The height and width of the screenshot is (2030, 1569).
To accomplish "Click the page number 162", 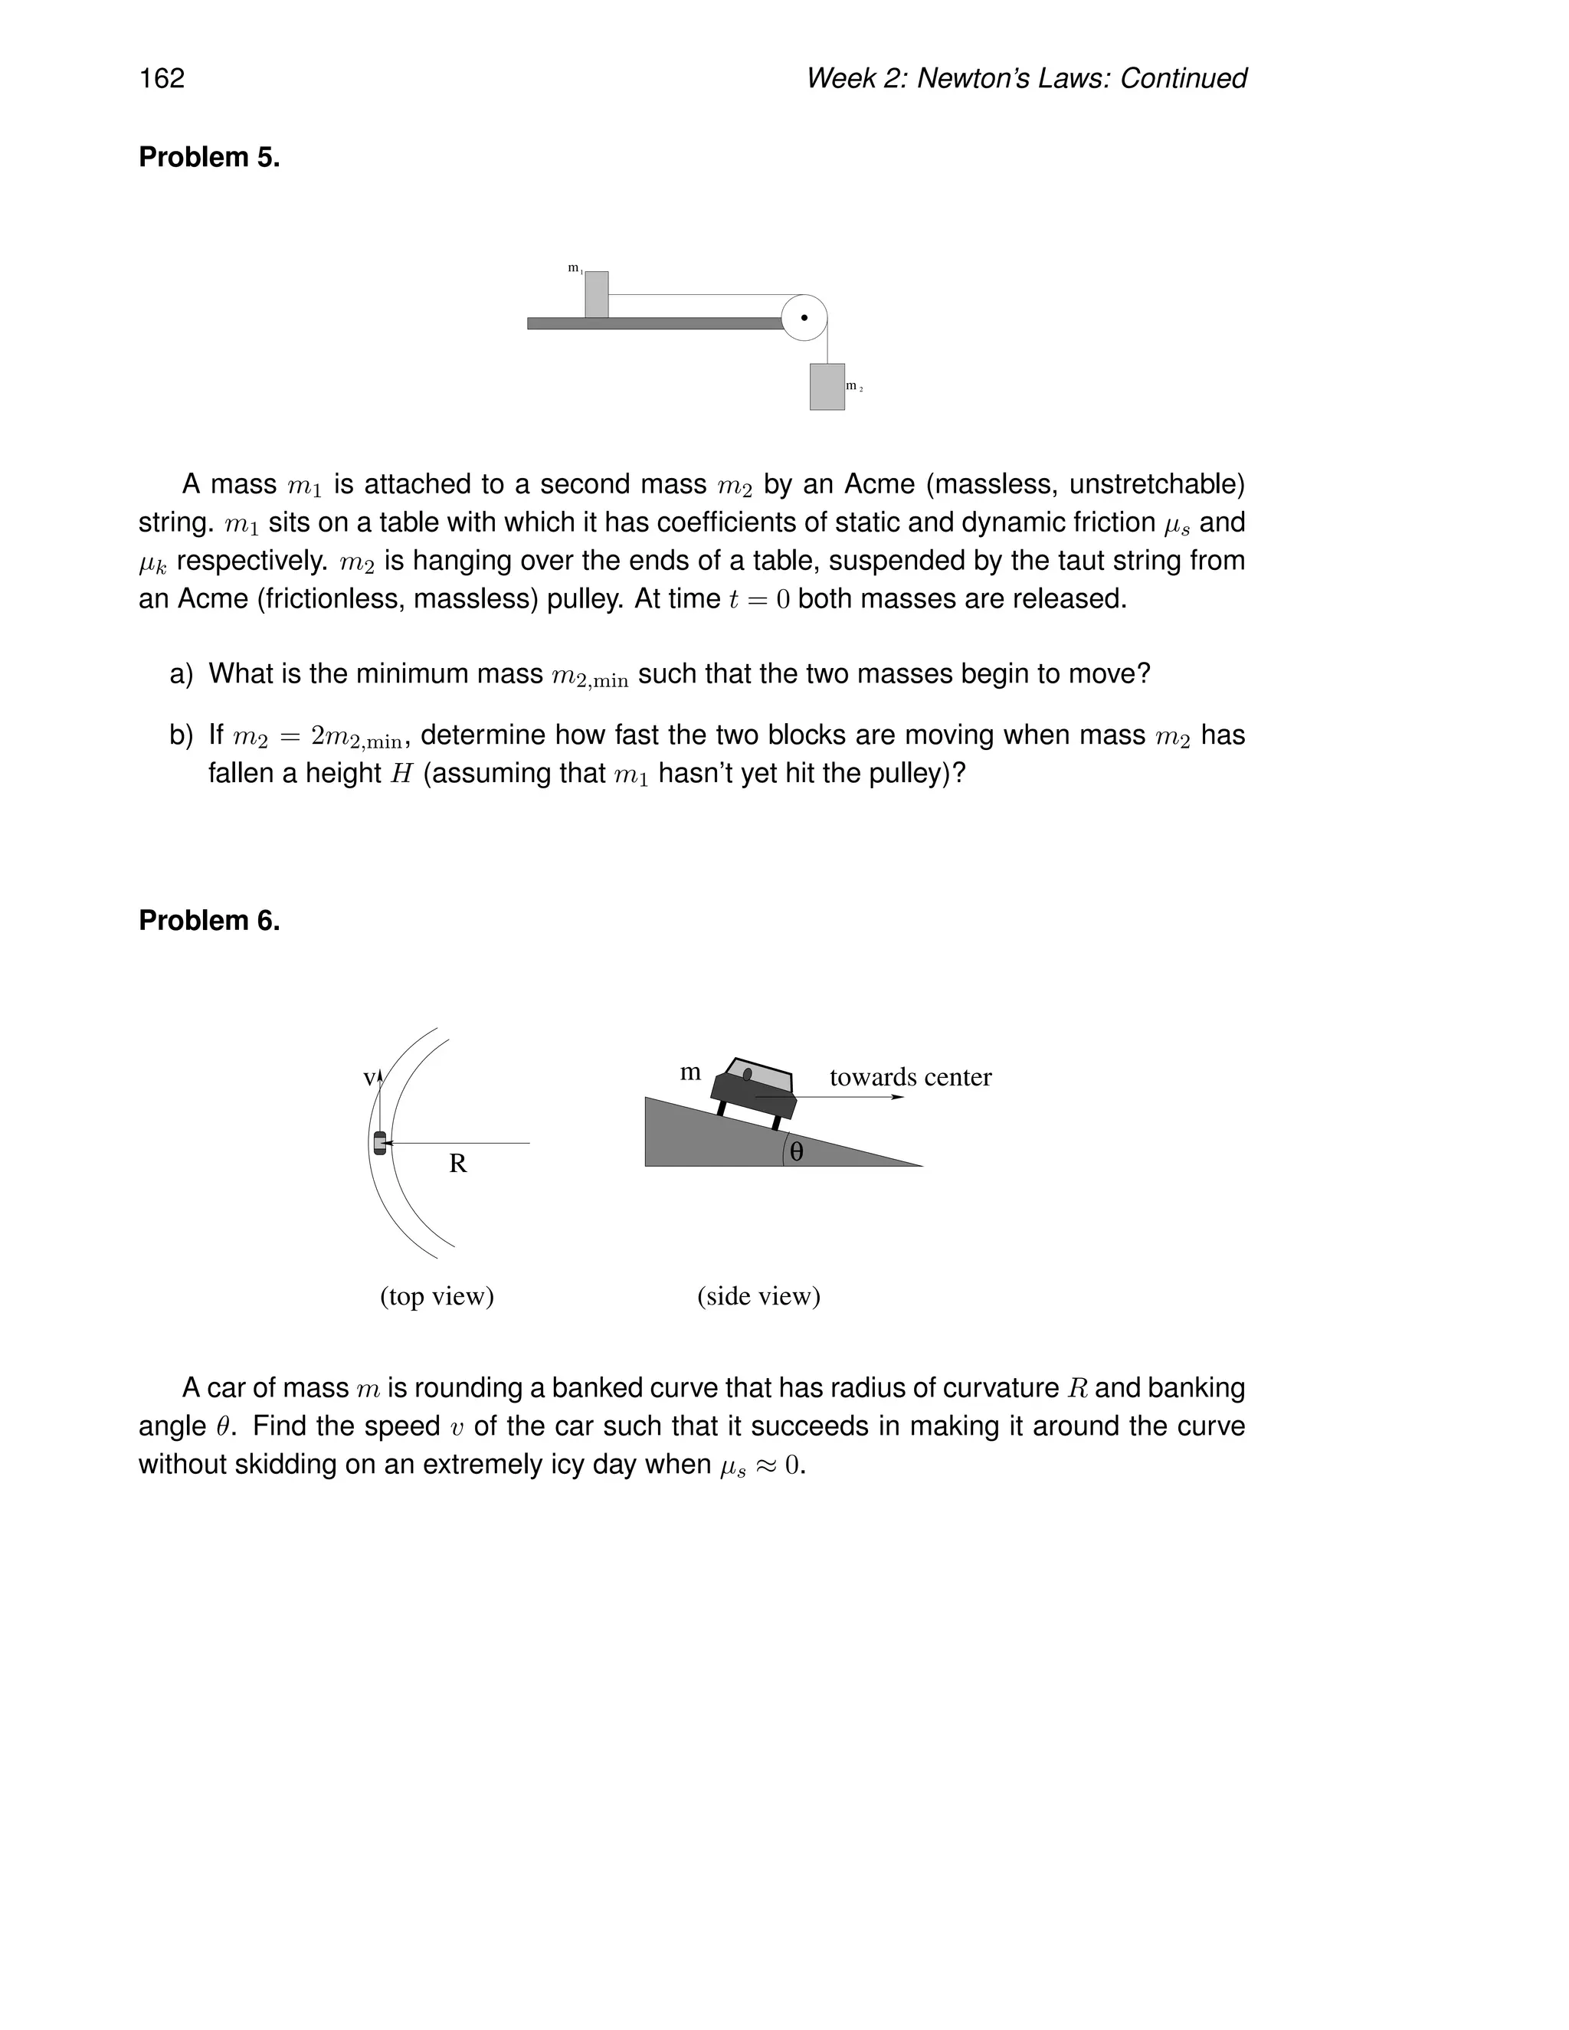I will coord(162,78).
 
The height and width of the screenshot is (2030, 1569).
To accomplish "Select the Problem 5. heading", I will coord(209,158).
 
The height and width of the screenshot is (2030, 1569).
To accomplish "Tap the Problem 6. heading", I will coord(209,920).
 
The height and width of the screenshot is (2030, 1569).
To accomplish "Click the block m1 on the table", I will coord(597,295).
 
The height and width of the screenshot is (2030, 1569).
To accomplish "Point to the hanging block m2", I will coord(827,387).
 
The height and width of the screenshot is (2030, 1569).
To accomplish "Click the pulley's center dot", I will coord(804,318).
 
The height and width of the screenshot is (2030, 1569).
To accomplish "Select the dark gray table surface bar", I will coord(654,323).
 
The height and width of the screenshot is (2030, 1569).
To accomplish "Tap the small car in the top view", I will coord(379,1143).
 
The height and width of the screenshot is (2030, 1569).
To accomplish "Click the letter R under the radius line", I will coord(457,1164).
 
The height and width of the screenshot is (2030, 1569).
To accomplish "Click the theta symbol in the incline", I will coord(797,1153).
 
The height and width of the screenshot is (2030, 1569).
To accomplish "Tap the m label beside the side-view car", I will coord(690,1072).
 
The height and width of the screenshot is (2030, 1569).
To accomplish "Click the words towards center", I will coord(910,1077).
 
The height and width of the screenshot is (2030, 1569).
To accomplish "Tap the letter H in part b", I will coord(401,774).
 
